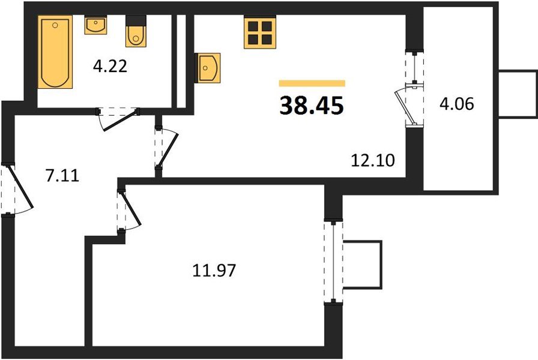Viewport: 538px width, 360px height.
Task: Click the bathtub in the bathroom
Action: [55, 52]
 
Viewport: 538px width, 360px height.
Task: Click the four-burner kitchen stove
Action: [260, 33]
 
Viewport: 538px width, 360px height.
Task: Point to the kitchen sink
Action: [208, 68]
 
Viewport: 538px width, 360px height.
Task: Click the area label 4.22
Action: [110, 66]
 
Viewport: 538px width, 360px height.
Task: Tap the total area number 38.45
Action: [311, 105]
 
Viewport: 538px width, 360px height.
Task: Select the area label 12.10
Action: [373, 160]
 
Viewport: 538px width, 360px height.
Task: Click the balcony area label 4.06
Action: [457, 104]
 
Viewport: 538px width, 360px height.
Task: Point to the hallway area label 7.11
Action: [62, 176]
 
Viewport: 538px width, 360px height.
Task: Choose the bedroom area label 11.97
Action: [214, 270]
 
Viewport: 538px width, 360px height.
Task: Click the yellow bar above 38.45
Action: [312, 83]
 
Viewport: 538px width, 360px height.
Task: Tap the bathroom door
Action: [118, 119]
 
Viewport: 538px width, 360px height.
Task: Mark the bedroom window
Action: [333, 262]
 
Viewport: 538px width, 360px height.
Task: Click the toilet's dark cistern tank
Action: [136, 20]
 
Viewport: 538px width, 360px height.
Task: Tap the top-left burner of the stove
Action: [253, 26]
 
